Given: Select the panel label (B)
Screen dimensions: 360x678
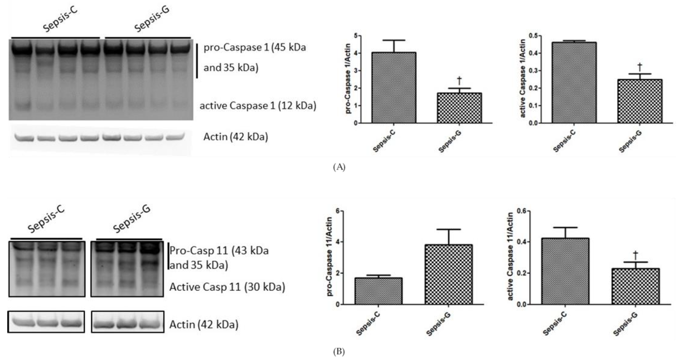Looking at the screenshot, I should (339, 352).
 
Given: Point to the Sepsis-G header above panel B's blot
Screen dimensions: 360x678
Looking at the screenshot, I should (132, 219).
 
